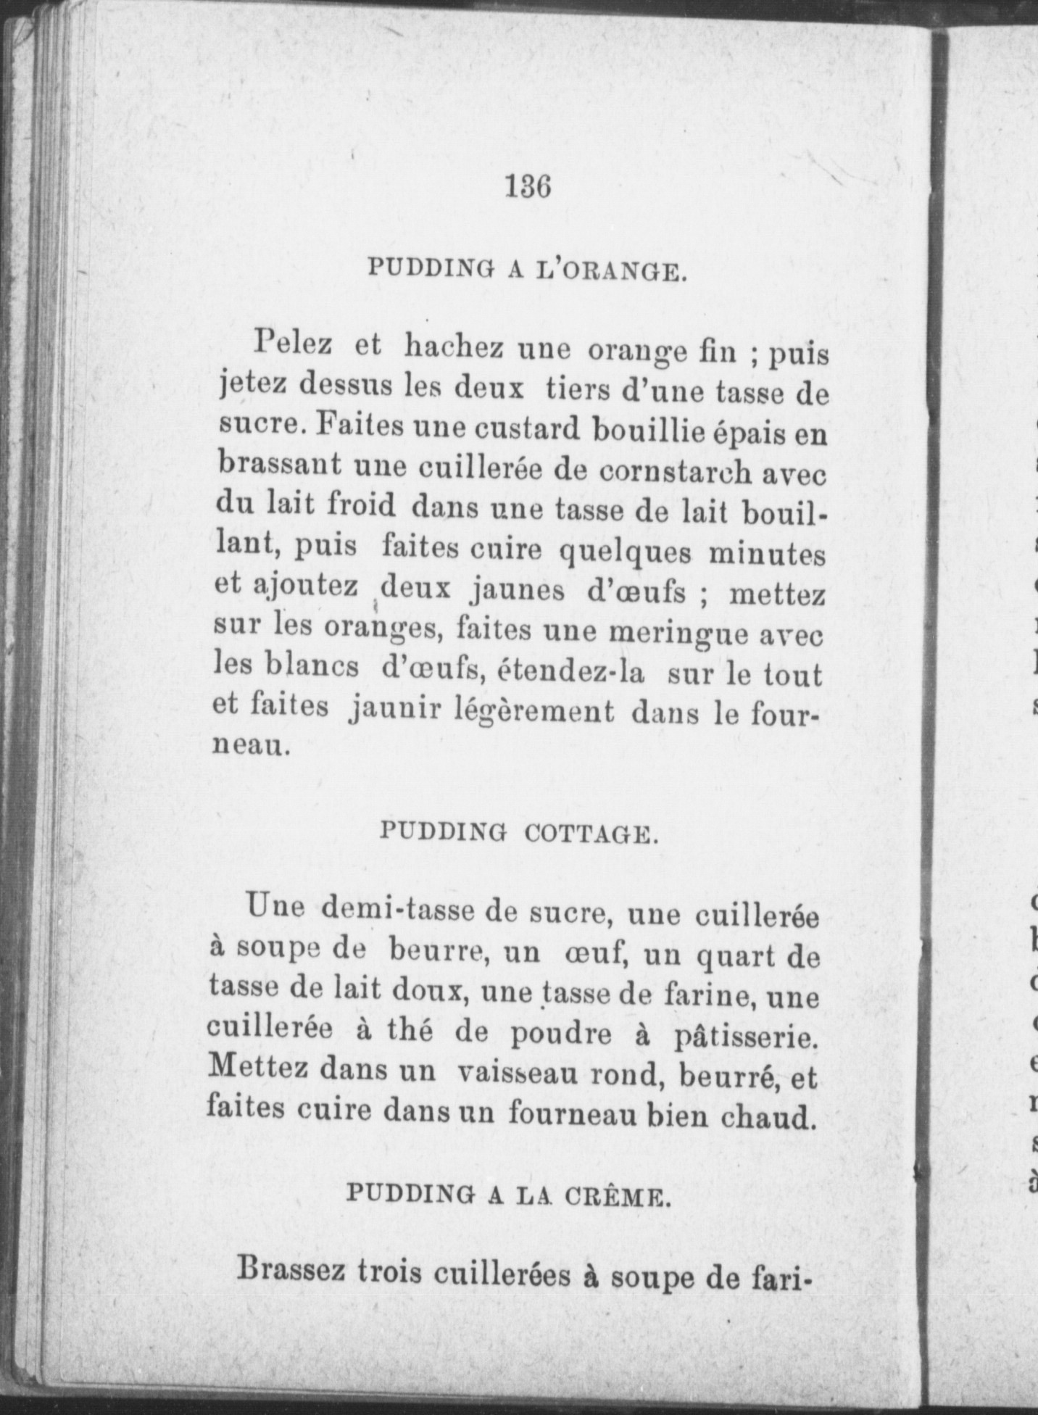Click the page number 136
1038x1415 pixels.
point(528,187)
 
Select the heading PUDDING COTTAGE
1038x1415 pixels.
point(518,833)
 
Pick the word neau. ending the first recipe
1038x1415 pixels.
point(251,747)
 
